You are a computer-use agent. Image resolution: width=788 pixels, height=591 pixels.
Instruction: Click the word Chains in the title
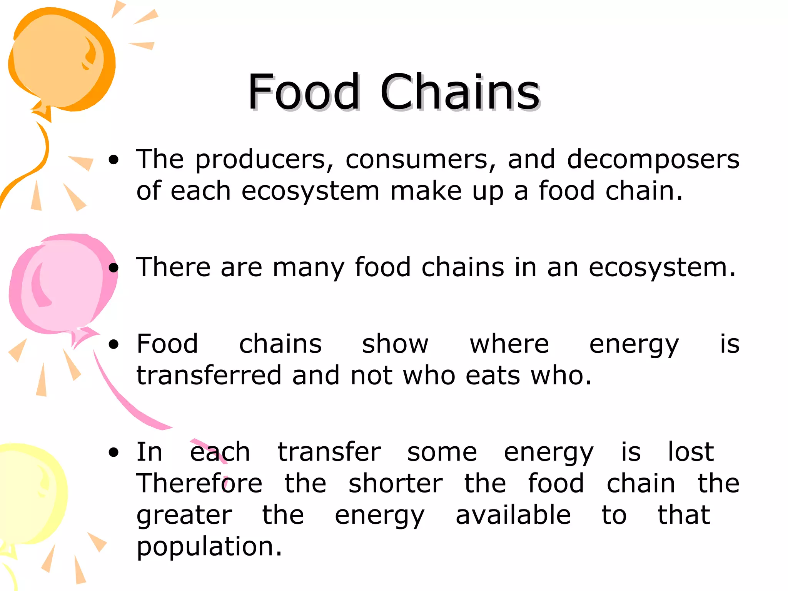click(460, 92)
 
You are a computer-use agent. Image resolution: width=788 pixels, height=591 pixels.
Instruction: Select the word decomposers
click(653, 160)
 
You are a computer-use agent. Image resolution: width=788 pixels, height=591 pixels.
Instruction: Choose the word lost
click(691, 452)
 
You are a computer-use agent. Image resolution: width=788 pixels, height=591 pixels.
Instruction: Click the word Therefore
click(199, 483)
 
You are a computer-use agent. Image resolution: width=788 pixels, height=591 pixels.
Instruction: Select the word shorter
click(396, 483)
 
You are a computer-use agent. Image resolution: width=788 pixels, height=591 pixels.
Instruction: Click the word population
click(209, 546)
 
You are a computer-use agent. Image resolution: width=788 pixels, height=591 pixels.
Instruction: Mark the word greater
click(184, 516)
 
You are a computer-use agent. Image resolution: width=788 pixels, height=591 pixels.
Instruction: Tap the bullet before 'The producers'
click(114, 160)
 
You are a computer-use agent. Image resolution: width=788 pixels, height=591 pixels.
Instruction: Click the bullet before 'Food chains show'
click(114, 344)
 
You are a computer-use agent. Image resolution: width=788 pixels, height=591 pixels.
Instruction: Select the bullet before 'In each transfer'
click(114, 452)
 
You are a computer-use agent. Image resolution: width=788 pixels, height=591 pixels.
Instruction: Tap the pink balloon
click(62, 285)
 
